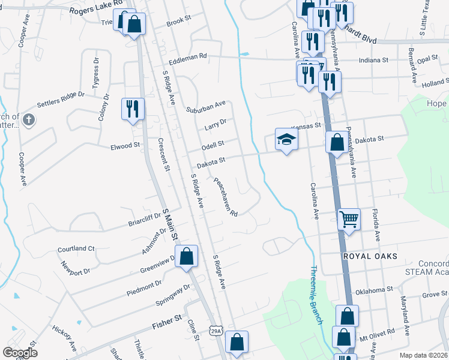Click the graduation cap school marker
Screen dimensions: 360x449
286,140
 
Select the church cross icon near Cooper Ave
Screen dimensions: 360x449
28,121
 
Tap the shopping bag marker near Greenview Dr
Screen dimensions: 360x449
187,256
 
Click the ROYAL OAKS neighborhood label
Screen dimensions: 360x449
370,256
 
